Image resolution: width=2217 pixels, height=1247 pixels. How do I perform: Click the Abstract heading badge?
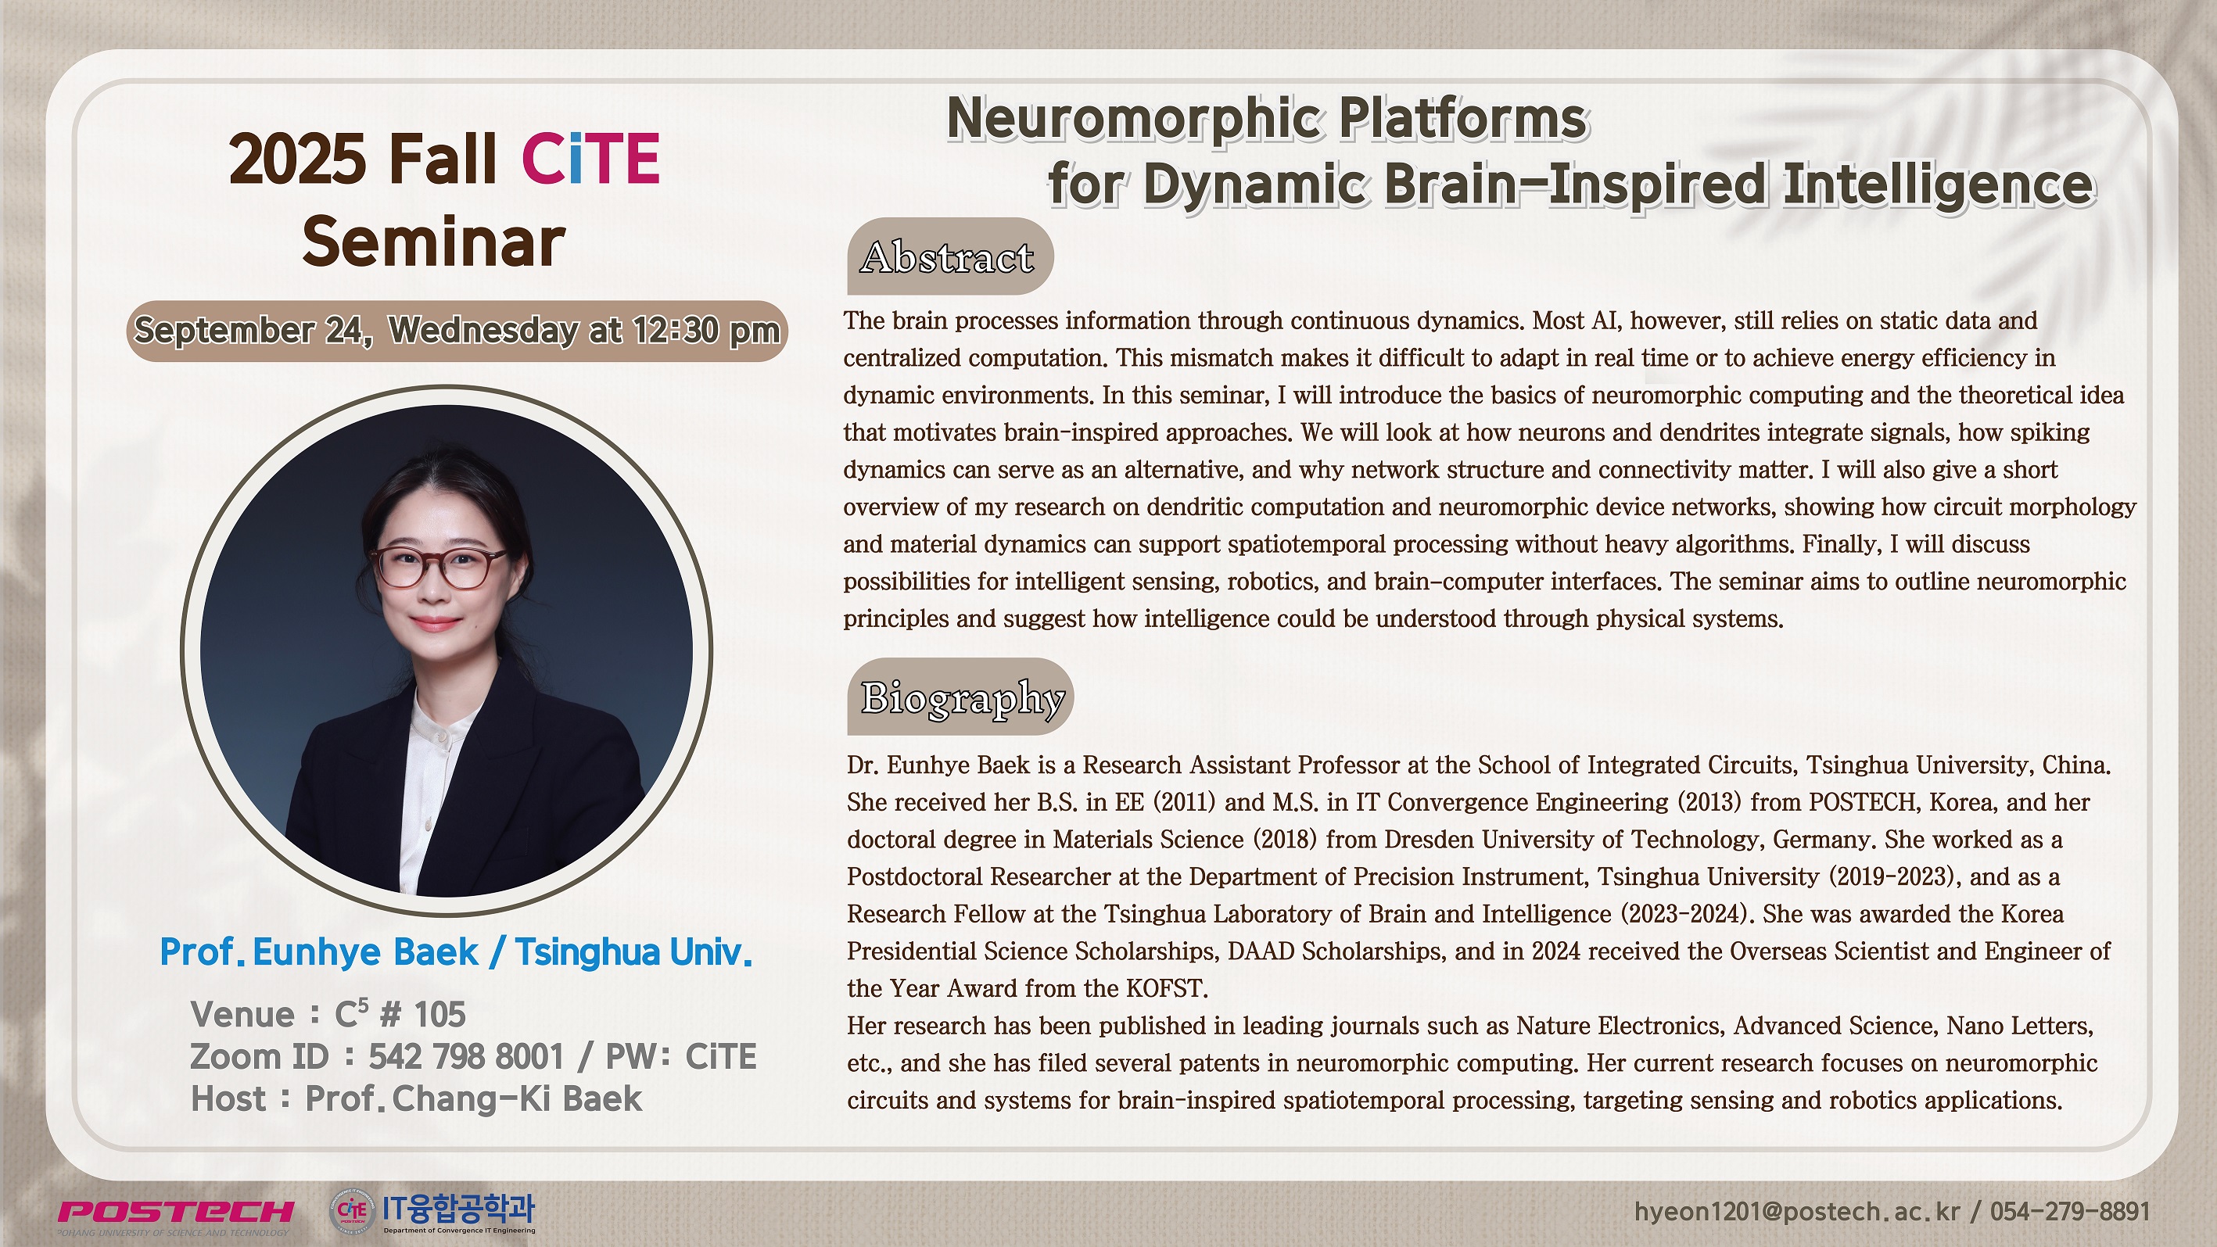(950, 256)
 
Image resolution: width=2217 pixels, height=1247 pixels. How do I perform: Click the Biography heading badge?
(960, 697)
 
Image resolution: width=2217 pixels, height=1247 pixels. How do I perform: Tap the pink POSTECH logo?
(176, 1212)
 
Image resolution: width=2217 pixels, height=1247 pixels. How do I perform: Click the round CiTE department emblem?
(352, 1211)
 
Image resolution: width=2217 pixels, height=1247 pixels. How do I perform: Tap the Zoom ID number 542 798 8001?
(466, 1057)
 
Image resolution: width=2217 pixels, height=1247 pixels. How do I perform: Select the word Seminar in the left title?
(434, 242)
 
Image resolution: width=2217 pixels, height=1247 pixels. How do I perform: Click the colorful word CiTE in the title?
(590, 159)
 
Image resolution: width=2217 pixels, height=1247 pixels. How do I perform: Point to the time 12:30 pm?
(705, 331)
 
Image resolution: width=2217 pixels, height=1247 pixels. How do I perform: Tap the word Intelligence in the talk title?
(1937, 186)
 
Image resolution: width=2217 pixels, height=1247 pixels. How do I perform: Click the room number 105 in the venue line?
(439, 1016)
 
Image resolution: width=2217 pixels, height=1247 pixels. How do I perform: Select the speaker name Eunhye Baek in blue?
(366, 951)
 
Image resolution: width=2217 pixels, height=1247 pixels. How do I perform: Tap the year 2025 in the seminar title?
(298, 159)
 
